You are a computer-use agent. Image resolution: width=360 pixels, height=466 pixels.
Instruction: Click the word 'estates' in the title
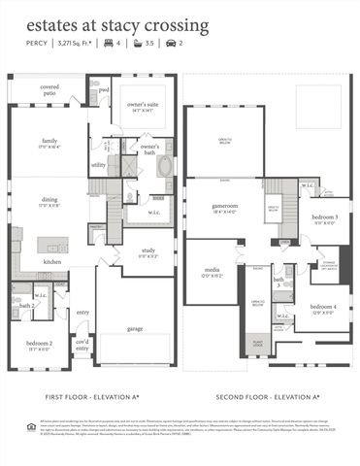50,20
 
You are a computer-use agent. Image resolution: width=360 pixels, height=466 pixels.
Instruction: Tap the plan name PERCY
35,44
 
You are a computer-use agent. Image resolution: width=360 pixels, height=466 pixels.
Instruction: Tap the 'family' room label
50,142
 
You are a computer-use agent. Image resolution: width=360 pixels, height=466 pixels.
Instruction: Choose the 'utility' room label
98,165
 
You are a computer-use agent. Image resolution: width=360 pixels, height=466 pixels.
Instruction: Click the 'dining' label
50,202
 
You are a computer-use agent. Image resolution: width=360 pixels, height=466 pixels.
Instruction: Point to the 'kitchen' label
52,261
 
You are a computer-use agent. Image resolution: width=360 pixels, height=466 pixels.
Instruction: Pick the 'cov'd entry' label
82,345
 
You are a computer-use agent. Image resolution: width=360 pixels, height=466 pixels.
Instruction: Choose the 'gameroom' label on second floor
226,207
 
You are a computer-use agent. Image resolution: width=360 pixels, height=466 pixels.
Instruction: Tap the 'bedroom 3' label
325,217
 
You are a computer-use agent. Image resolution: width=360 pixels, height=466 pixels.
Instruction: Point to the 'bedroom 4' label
324,308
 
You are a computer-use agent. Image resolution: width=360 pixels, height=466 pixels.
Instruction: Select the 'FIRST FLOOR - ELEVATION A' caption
95,397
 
